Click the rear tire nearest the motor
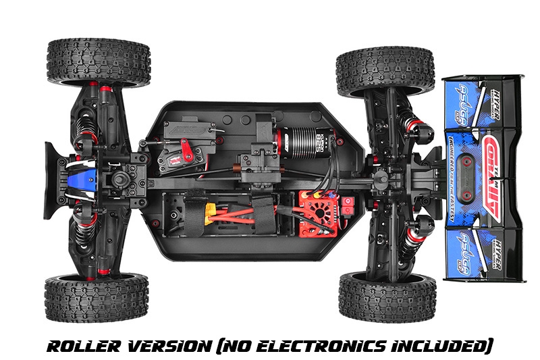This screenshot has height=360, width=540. [x=383, y=67]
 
